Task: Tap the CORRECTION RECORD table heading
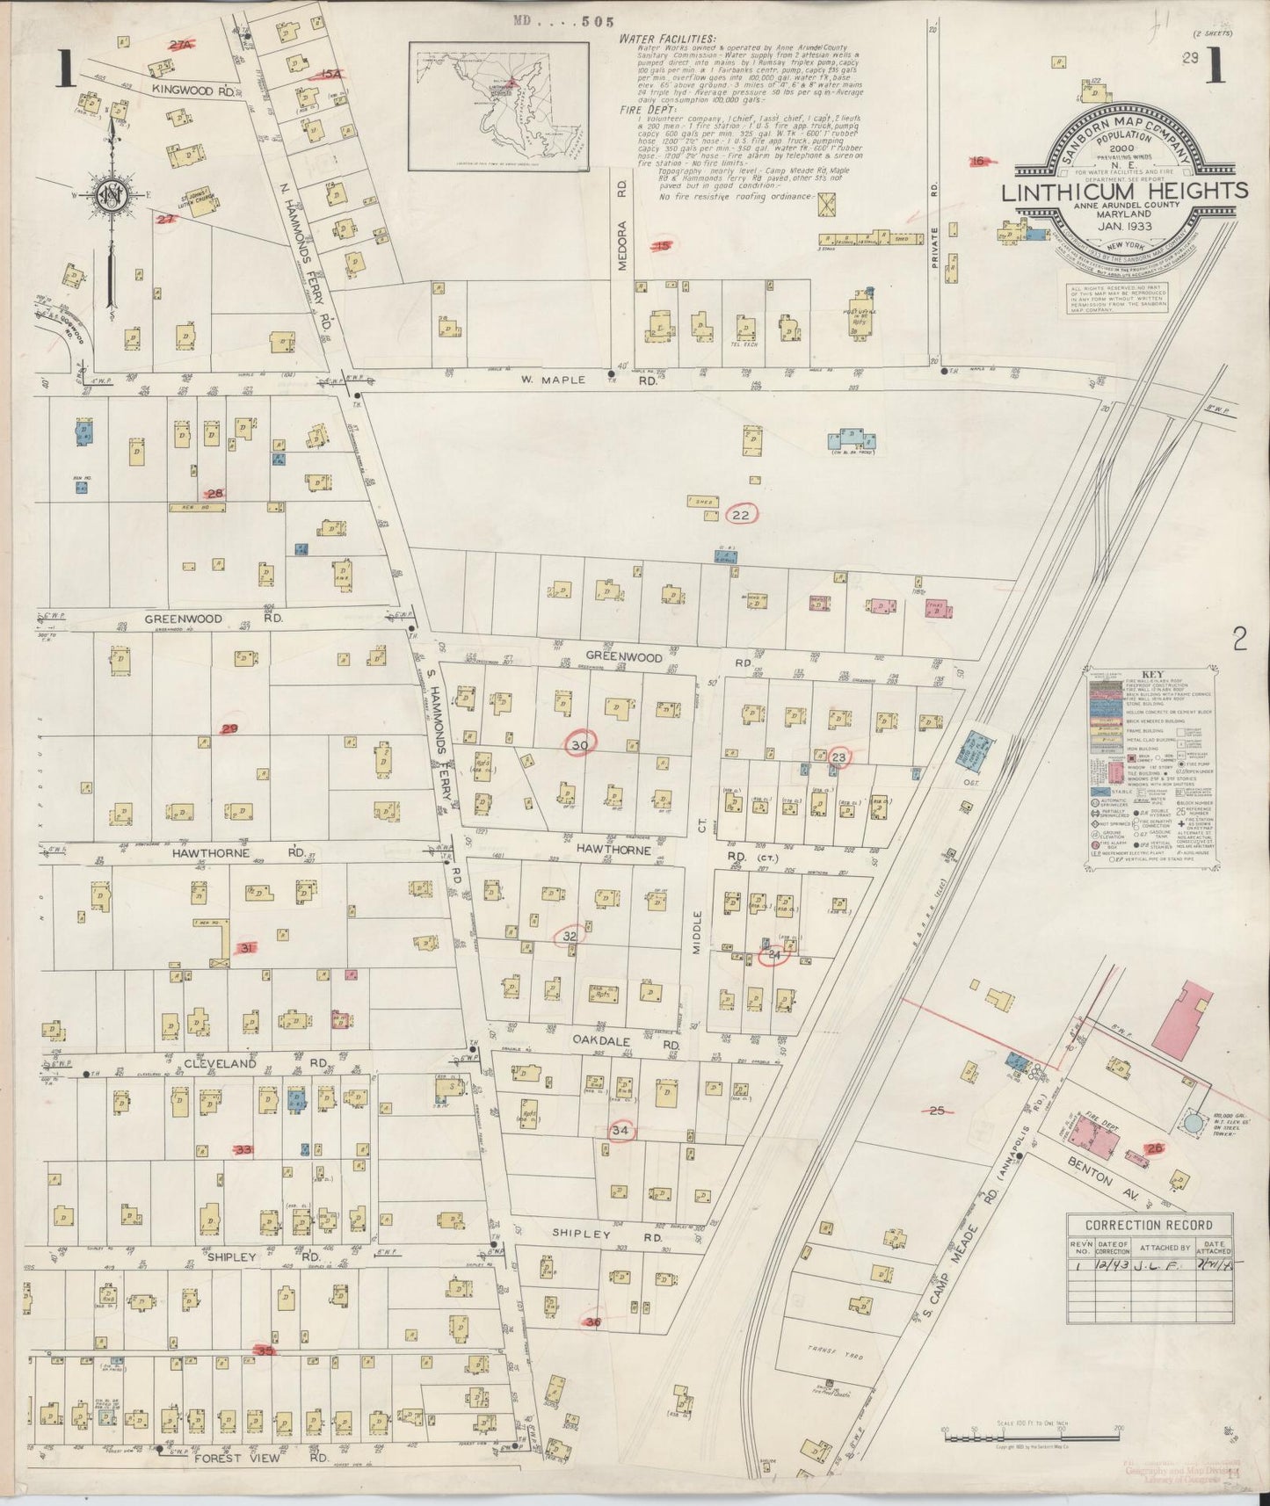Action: click(1149, 1225)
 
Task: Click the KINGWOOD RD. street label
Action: click(192, 90)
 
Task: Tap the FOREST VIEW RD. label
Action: click(250, 1458)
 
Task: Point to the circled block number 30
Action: click(579, 745)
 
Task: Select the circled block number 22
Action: click(741, 515)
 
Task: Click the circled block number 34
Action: click(620, 1130)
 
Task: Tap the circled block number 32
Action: click(570, 937)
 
